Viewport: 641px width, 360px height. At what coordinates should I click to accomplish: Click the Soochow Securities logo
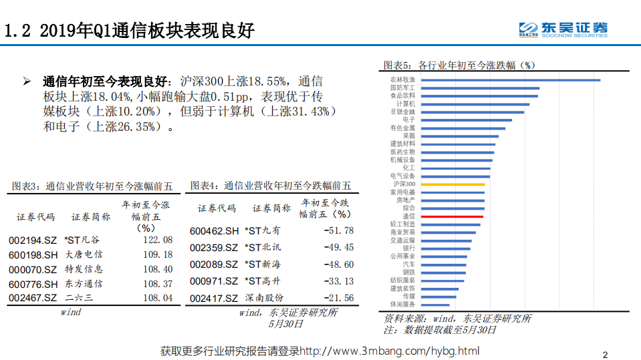(x=563, y=29)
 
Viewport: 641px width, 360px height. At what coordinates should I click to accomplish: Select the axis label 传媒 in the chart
(x=408, y=295)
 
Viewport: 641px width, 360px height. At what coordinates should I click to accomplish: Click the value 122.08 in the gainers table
(x=158, y=240)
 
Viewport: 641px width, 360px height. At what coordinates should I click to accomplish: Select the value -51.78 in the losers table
(x=338, y=230)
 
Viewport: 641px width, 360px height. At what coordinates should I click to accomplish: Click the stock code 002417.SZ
(x=213, y=298)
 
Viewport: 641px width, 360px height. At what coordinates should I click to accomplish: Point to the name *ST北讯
(x=263, y=247)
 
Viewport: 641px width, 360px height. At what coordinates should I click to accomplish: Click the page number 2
(x=605, y=354)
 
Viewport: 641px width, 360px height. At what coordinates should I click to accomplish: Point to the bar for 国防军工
(x=481, y=88)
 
